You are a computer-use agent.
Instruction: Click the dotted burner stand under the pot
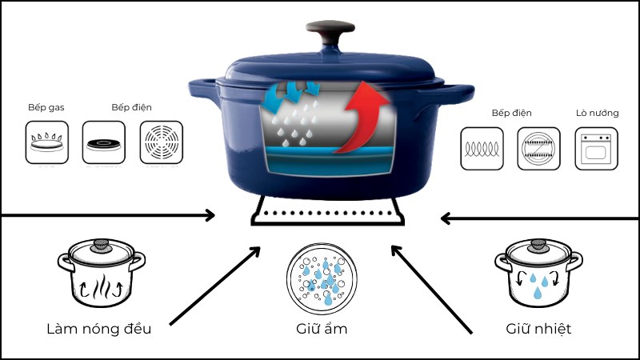(326, 214)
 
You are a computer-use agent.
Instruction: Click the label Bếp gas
(44, 108)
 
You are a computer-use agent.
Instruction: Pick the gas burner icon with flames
(46, 142)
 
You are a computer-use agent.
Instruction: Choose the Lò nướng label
(596, 113)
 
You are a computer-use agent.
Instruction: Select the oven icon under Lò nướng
(596, 148)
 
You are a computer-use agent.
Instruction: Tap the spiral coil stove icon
(482, 148)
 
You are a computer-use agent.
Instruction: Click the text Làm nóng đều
(100, 328)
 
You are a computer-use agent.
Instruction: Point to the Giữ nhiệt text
(538, 328)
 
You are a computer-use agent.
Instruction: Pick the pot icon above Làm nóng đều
(100, 272)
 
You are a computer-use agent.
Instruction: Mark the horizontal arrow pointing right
(108, 214)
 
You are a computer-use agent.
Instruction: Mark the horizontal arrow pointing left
(540, 216)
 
